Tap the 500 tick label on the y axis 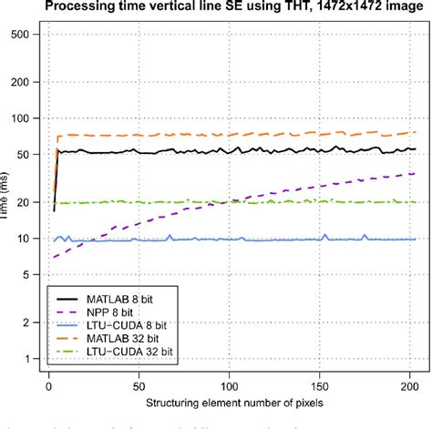(x=25, y=35)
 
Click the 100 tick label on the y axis (x=25, y=118)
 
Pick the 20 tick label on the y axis (x=25, y=202)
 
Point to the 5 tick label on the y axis (x=25, y=274)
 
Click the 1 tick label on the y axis (x=25, y=358)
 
